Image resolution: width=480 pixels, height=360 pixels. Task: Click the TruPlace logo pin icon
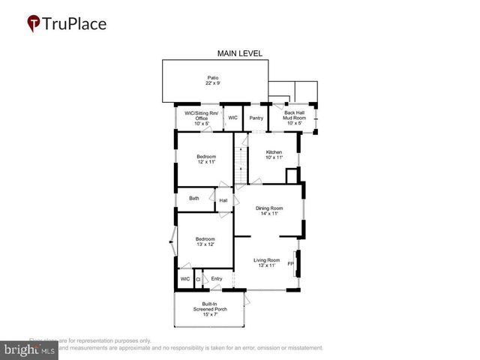pyautogui.click(x=33, y=23)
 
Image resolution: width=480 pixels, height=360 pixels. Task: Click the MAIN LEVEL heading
pyautogui.click(x=239, y=53)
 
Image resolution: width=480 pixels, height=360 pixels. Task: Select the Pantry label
pyautogui.click(x=256, y=118)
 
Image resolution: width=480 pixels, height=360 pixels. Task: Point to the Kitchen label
pyautogui.click(x=274, y=152)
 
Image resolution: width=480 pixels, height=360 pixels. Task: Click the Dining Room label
pyautogui.click(x=270, y=208)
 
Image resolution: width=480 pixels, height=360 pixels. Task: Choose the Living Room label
pyautogui.click(x=266, y=260)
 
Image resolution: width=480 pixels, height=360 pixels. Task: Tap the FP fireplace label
pyautogui.click(x=291, y=263)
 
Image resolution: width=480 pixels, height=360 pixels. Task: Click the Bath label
pyautogui.click(x=194, y=199)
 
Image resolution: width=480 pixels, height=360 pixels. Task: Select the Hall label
pyautogui.click(x=223, y=200)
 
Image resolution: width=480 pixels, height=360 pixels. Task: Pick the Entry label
pyautogui.click(x=216, y=279)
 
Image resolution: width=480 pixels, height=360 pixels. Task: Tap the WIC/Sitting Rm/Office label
pyautogui.click(x=201, y=115)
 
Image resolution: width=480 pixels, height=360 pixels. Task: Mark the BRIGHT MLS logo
pyautogui.click(x=30, y=349)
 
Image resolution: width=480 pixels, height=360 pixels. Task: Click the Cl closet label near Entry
pyautogui.click(x=198, y=280)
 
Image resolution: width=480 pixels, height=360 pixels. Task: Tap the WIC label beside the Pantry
pyautogui.click(x=232, y=118)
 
